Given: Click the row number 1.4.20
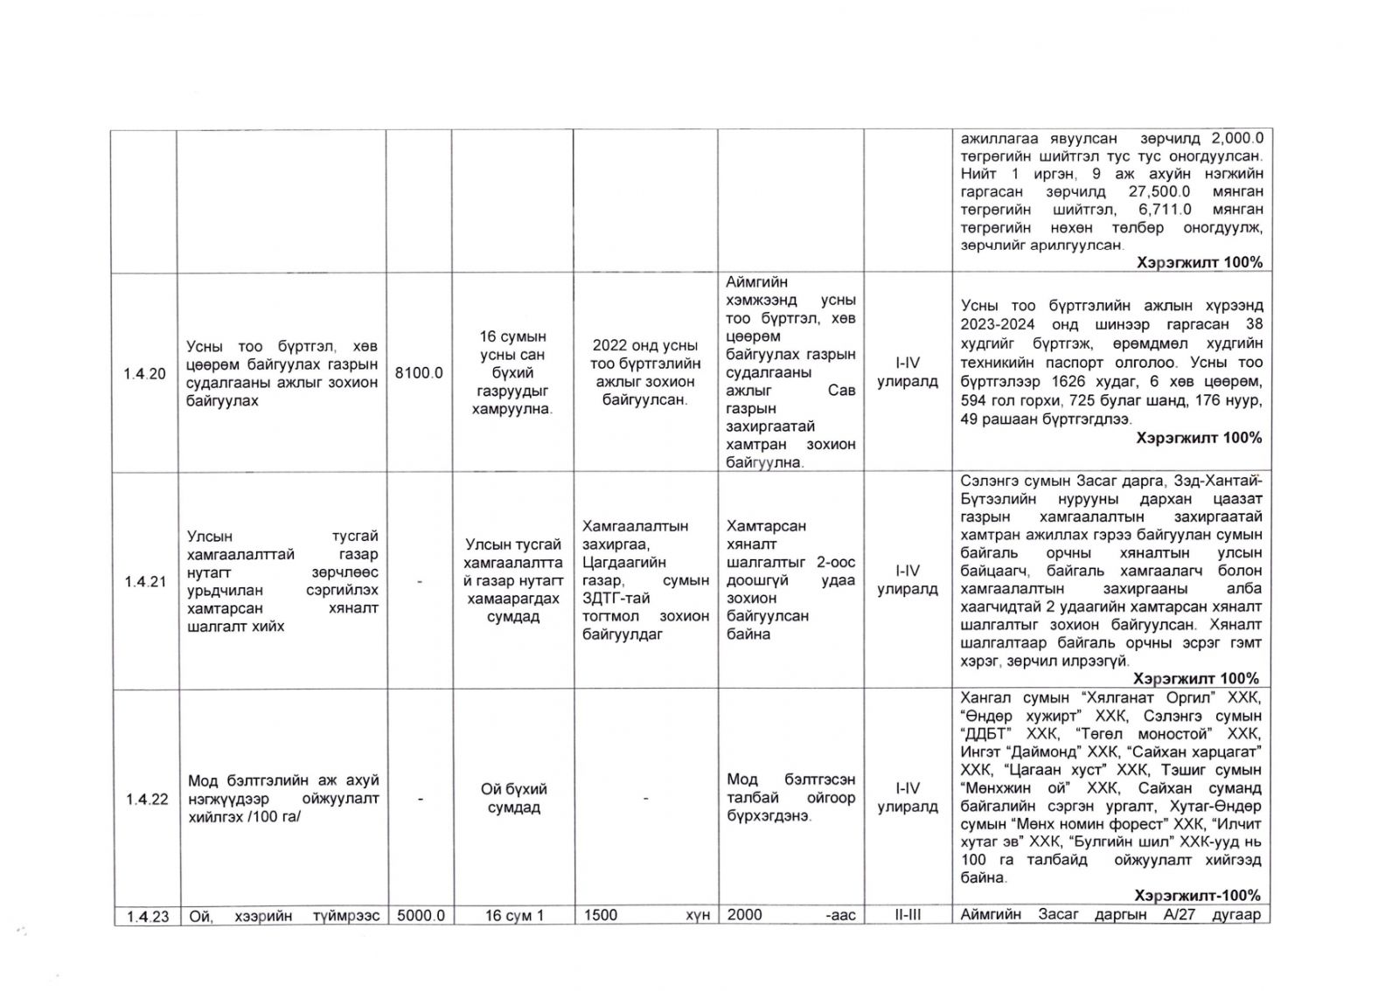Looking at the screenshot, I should coord(145,373).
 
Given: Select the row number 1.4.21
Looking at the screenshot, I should coord(145,581).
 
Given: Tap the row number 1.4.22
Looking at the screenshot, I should coord(145,798).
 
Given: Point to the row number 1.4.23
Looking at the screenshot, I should coord(145,915).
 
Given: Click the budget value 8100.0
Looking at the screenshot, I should coord(419,373).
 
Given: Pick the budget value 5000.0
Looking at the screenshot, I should coord(420,915).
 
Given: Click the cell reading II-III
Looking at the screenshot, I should coord(907,915).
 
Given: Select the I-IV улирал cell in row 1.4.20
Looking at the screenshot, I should coord(907,372).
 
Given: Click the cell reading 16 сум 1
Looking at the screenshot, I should coord(512,915).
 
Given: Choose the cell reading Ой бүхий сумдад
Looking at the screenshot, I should coord(512,798).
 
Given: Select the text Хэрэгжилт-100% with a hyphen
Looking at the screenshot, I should coord(1196,896).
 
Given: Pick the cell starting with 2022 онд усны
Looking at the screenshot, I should coord(644,373).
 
